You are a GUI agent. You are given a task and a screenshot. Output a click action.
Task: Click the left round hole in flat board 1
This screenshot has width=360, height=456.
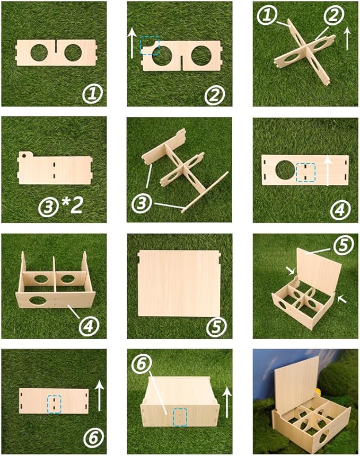pos(38,52)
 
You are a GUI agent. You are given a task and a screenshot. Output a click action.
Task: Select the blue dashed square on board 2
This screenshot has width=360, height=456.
pos(150,46)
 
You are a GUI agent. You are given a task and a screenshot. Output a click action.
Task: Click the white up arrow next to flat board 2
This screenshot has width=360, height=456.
pos(132,44)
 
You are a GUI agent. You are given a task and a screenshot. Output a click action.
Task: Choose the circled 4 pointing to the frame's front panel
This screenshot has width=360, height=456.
pos(89,325)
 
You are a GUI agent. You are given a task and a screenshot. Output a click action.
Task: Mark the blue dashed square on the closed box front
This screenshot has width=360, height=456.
pos(181,416)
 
